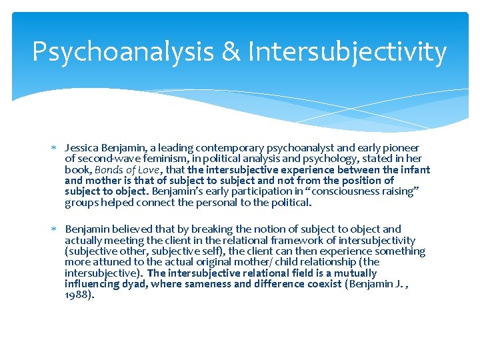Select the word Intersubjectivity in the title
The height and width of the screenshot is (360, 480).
pos(347,52)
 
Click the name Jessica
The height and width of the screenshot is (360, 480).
pos(81,148)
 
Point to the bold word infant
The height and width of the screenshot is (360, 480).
pos(417,170)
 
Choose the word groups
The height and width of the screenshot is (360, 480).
pos(80,203)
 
